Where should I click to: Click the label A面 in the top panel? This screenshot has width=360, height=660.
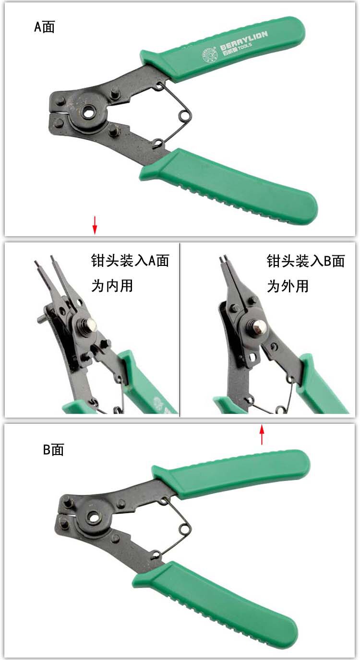coord(45,27)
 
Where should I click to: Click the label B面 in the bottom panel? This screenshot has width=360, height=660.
coord(53,450)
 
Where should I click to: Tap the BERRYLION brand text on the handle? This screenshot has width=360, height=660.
coord(244,40)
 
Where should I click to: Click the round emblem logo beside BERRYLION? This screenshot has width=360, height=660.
coord(209,55)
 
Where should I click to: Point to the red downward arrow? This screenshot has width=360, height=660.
coord(95,225)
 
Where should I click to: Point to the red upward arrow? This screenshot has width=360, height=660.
coord(262,434)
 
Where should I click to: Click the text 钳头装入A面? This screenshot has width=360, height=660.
coord(130,261)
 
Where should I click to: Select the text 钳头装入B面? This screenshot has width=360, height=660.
coord(306,261)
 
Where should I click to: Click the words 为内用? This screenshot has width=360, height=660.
coord(112,286)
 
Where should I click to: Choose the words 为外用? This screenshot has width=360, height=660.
coord(288,286)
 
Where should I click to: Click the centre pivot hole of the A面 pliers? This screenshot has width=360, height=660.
coord(89,112)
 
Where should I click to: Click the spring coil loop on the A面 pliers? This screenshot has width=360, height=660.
coord(185,116)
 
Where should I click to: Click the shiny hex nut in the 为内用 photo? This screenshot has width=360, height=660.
coord(92,325)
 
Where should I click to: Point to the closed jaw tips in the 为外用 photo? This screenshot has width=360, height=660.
coord(223,258)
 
